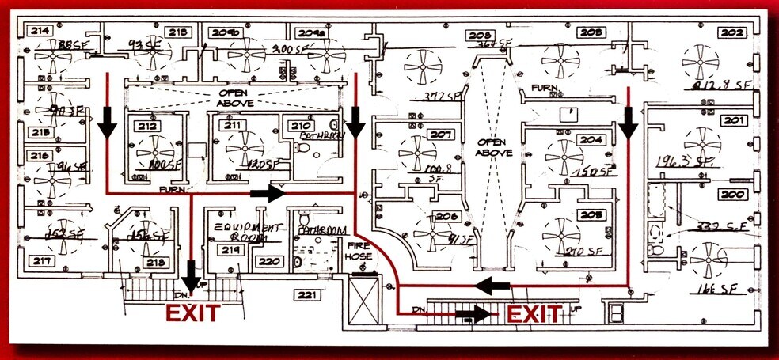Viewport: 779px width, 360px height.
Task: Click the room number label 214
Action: point(39,31)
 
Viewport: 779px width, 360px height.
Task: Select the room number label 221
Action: point(306,295)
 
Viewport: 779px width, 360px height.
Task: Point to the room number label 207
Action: point(441,134)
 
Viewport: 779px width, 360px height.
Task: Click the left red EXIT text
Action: point(192,313)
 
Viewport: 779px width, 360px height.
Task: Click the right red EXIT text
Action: point(534,314)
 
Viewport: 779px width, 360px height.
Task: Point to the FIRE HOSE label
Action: point(364,252)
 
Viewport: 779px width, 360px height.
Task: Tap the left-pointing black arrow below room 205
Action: point(491,285)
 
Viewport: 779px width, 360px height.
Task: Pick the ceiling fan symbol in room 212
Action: point(151,150)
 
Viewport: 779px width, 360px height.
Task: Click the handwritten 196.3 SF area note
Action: point(685,162)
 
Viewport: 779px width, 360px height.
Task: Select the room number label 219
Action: point(230,250)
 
